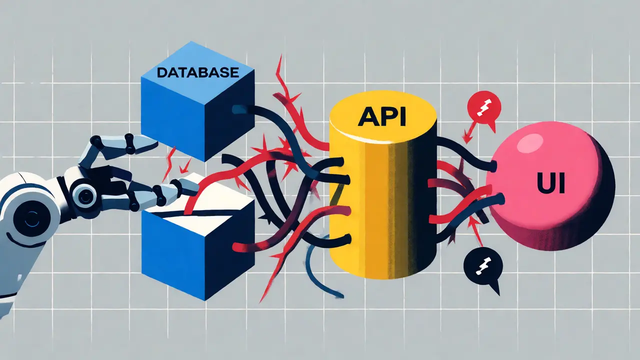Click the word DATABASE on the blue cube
pyautogui.click(x=198, y=72)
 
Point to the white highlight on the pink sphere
pyautogui.click(x=529, y=143)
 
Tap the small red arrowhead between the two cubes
pyautogui.click(x=185, y=166)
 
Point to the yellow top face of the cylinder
pyautogui.click(x=383, y=116)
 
